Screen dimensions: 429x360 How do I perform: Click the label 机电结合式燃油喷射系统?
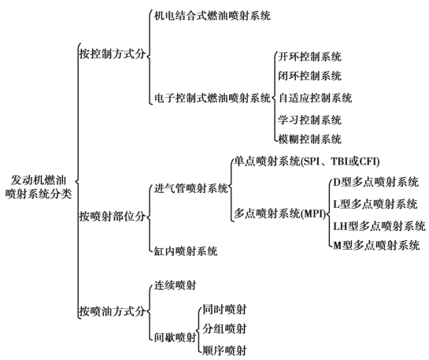(x=213, y=15)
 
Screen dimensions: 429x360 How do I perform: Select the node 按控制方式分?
(x=113, y=54)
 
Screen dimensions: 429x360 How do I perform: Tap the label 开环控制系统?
(x=309, y=57)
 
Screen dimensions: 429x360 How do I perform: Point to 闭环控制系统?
(x=309, y=76)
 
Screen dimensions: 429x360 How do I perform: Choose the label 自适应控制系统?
(x=315, y=98)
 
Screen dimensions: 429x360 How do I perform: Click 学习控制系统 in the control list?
(x=309, y=120)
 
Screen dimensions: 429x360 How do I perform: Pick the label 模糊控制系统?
(x=309, y=139)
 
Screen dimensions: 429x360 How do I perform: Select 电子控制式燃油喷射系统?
(x=213, y=98)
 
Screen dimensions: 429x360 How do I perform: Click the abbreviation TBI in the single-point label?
(x=340, y=161)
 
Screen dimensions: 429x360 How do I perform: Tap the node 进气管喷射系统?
(x=191, y=188)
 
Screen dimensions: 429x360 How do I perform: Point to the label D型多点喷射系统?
(x=376, y=182)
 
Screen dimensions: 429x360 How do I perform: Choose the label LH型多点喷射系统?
(x=379, y=226)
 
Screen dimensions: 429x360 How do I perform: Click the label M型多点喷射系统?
(x=376, y=245)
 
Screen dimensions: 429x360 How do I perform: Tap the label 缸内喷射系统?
(x=186, y=251)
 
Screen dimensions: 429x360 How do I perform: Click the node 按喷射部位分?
(x=113, y=217)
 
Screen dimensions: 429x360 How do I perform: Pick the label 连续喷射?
(x=175, y=285)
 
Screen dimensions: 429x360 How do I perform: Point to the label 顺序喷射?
(x=224, y=351)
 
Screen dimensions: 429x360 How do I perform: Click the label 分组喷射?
(x=224, y=328)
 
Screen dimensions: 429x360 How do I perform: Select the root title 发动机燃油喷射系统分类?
(x=39, y=187)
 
